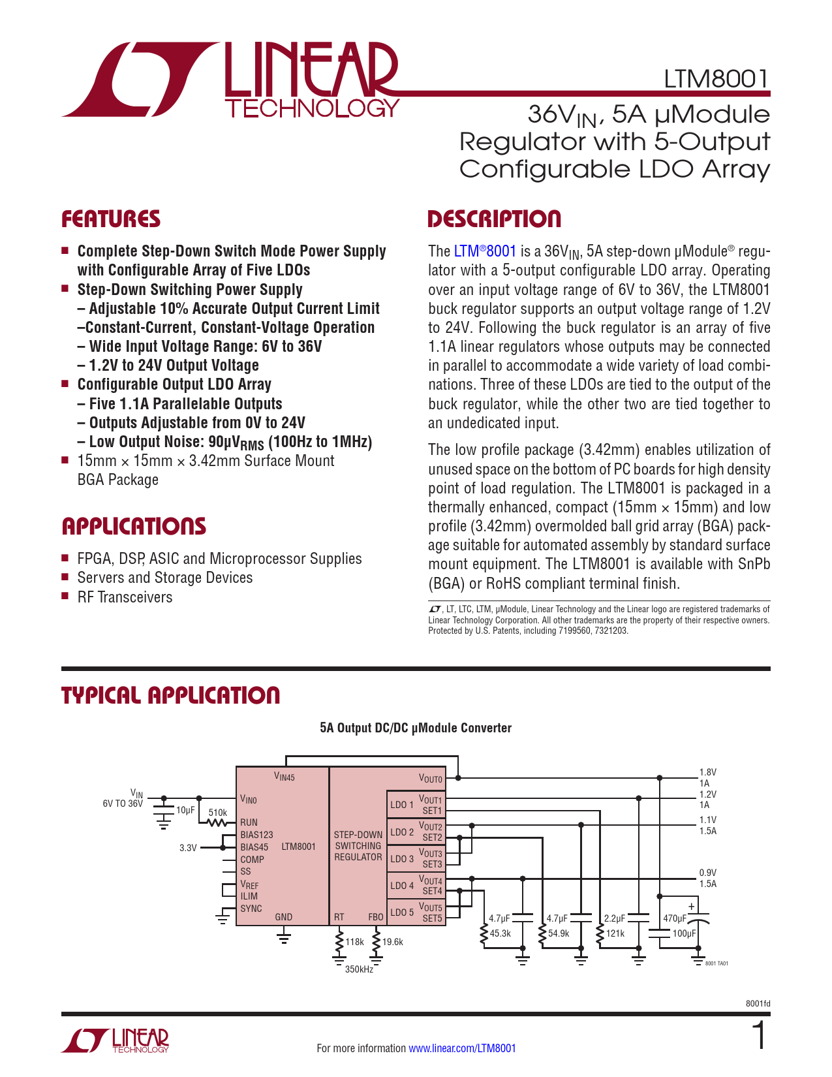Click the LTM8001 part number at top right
[716, 79]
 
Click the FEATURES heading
[111, 219]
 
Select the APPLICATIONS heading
[134, 527]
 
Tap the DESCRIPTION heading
[494, 219]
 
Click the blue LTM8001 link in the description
[485, 251]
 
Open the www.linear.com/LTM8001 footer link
[462, 1048]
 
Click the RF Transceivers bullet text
[125, 597]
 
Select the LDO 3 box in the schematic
[402, 859]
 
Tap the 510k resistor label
[217, 813]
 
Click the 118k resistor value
[354, 942]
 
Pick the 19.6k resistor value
[393, 942]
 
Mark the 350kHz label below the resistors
[359, 969]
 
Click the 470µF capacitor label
[675, 918]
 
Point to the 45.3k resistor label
[500, 933]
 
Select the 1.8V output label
[708, 772]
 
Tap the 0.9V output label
[708, 873]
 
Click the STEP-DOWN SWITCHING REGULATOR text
[358, 846]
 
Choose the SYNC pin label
[251, 909]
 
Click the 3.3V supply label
[188, 848]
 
